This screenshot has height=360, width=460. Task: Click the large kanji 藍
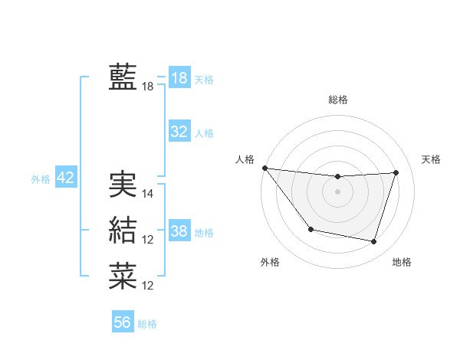coord(123,78)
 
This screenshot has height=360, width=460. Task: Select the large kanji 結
coord(123,230)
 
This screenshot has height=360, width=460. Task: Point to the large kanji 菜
coord(123,276)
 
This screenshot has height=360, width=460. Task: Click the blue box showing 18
coord(179,78)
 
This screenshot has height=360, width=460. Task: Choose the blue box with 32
coord(179,132)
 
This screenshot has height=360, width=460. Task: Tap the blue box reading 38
coord(179,231)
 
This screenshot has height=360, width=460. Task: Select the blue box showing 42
coord(66,178)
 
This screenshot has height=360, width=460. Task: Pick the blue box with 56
coord(123,322)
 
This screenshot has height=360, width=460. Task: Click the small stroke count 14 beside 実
coord(148,194)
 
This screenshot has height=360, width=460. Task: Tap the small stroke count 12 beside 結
coord(148,240)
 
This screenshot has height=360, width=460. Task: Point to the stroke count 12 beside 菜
coord(148,286)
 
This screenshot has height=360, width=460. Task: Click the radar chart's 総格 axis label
coord(338,100)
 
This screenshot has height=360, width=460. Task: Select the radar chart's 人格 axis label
coord(245,159)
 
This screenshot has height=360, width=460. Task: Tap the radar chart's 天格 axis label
coord(431,159)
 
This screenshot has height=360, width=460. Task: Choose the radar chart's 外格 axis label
coord(270,262)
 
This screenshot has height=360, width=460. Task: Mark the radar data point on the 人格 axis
coord(264,168)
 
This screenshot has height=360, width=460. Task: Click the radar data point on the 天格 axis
coord(396,172)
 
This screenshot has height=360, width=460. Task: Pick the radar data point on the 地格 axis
coord(374,242)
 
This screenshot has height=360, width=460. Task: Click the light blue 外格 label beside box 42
coord(41,179)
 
